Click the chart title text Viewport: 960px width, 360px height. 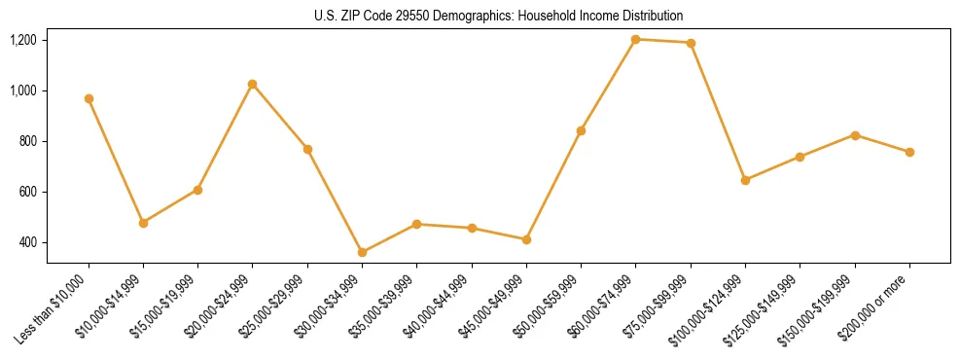(x=498, y=16)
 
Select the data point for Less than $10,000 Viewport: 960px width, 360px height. (x=89, y=98)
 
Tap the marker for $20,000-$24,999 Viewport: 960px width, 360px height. (x=253, y=84)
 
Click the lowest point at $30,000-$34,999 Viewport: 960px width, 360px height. (x=362, y=252)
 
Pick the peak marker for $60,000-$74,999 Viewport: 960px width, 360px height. (x=636, y=39)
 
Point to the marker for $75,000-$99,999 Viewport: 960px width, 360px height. (x=691, y=43)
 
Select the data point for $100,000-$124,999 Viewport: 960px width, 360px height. (x=745, y=180)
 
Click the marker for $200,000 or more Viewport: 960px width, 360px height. (x=909, y=152)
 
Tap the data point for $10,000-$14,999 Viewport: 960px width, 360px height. (x=143, y=223)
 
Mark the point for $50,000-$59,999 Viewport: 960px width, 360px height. (x=581, y=130)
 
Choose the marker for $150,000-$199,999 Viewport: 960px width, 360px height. (x=855, y=135)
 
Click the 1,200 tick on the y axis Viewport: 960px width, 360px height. (x=23, y=40)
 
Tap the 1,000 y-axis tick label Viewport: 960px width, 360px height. (x=23, y=90)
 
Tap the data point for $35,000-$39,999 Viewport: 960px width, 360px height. (x=416, y=224)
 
